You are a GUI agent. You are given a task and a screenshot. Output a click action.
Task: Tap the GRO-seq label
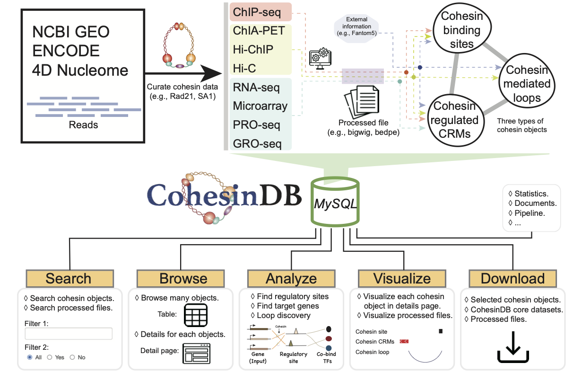pyautogui.click(x=257, y=143)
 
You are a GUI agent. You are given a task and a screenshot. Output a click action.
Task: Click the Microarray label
pyautogui.click(x=260, y=106)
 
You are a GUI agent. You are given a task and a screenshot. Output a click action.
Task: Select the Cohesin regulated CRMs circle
pyautogui.click(x=456, y=120)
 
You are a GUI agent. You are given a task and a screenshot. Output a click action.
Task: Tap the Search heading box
pyautogui.click(x=69, y=278)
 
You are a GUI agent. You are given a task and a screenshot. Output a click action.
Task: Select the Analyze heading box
pyautogui.click(x=291, y=278)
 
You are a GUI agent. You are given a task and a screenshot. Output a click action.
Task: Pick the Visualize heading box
pyautogui.click(x=402, y=278)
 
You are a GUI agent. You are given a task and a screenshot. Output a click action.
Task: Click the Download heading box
pyautogui.click(x=513, y=278)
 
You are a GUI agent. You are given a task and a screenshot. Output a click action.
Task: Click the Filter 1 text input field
pyautogui.click(x=68, y=334)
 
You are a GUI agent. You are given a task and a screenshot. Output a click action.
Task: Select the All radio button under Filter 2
pyautogui.click(x=30, y=357)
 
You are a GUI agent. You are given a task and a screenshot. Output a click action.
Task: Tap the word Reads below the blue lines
pyautogui.click(x=83, y=125)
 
